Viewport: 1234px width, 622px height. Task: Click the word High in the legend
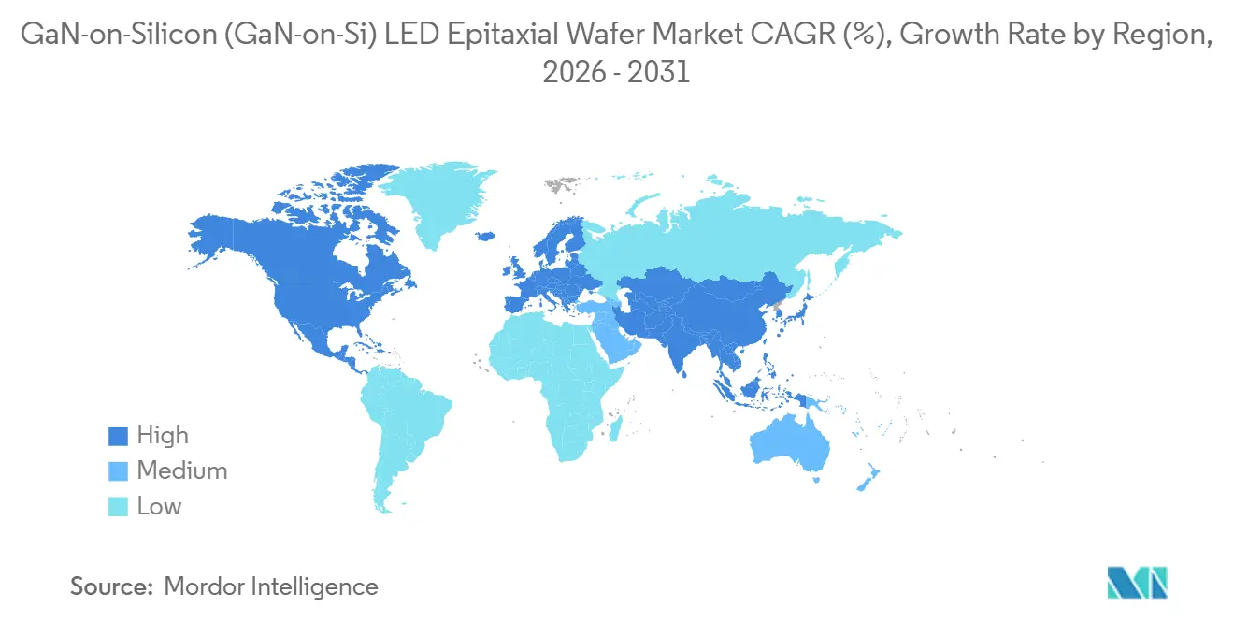point(163,436)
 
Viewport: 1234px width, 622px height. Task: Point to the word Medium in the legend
point(182,471)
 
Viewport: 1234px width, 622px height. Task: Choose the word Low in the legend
point(160,507)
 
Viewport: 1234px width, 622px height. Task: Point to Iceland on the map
point(484,237)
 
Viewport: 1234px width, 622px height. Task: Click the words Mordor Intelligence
point(271,586)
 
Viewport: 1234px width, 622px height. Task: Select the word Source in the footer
point(111,586)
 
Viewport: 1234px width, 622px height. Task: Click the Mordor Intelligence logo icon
point(1137,582)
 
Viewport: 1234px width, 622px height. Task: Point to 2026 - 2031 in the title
point(616,72)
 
